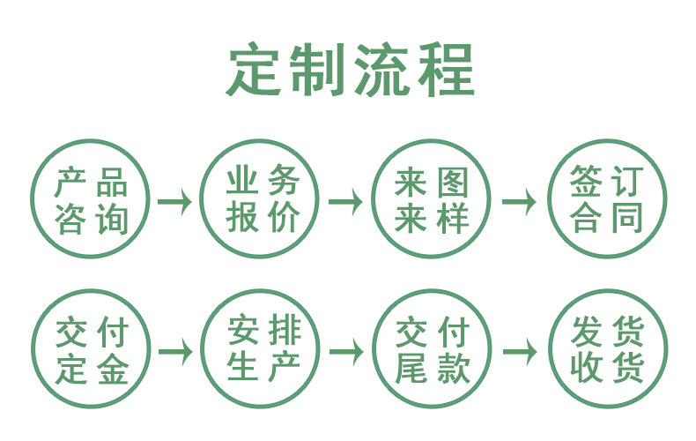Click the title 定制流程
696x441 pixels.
pos(351,70)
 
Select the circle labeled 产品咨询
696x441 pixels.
pos(33,198)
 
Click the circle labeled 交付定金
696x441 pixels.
pos(33,349)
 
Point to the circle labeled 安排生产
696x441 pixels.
pos(203,349)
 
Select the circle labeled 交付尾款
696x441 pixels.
pos(374,349)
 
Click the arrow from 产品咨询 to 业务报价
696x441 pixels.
pos(175,202)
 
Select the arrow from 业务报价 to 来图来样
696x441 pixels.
pos(345,202)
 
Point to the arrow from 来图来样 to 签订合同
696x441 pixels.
pos(519,202)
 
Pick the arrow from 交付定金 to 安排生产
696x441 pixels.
pos(176,352)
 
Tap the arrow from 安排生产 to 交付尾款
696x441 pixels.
pos(346,352)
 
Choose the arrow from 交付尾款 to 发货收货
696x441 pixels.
pos(520,352)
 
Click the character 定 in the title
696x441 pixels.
pos(254,70)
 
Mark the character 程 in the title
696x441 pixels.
pos(447,70)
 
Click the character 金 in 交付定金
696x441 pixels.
pos(113,370)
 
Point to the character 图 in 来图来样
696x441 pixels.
pos(453,183)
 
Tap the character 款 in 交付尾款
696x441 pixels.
pos(454,370)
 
